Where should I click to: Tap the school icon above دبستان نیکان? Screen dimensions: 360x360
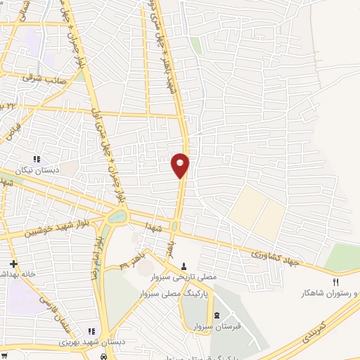point(37,160)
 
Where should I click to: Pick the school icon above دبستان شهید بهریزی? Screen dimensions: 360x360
point(91,331)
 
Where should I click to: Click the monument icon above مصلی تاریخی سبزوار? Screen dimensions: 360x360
point(184,266)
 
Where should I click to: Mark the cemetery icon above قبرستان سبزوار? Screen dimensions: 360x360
point(217,313)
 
